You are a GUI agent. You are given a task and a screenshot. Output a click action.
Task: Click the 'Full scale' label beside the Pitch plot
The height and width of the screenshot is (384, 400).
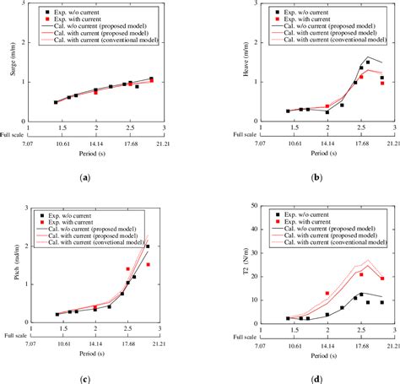tap(10, 333)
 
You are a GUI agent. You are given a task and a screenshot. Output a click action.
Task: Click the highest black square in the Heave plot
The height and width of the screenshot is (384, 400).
tap(368, 62)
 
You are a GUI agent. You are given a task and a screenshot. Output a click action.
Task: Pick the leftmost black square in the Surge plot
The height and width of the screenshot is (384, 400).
tap(56, 102)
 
